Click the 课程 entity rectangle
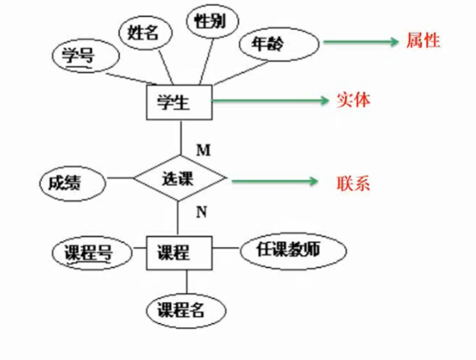(x=179, y=252)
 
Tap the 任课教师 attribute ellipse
(x=291, y=250)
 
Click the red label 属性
(x=423, y=40)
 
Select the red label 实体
(x=353, y=100)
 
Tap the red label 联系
(x=353, y=182)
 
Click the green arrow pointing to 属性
(x=360, y=42)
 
